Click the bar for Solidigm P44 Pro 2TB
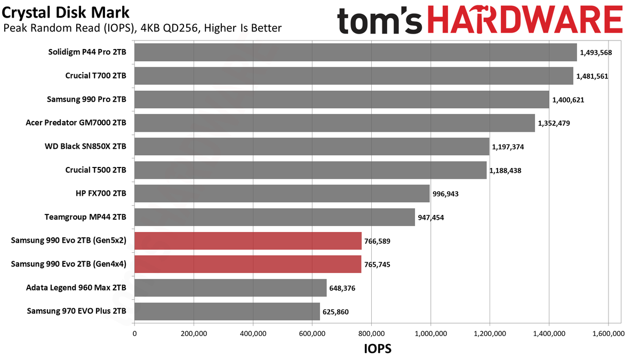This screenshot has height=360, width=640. [355, 52]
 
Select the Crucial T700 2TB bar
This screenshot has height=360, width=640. [354, 76]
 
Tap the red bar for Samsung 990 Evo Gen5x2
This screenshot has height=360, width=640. [248, 241]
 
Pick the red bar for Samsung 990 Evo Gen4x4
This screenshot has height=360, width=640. [247, 265]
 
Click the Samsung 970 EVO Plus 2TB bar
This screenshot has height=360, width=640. [227, 311]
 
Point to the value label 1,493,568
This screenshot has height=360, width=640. [596, 53]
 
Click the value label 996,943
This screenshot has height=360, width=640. [445, 194]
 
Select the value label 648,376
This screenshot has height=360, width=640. [342, 288]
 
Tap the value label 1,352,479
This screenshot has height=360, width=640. [554, 123]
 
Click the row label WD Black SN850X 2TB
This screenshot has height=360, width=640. [85, 146]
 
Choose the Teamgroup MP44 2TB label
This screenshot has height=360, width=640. [85, 217]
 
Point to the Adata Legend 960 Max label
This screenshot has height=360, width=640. [76, 287]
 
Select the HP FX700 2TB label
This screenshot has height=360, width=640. [101, 194]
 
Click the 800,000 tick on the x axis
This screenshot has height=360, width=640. [371, 333]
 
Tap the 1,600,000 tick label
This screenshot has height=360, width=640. [609, 333]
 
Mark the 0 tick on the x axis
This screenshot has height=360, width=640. [134, 333]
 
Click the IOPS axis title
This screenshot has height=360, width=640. [378, 349]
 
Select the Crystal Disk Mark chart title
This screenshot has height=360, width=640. [66, 13]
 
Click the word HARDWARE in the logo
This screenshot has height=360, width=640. [525, 19]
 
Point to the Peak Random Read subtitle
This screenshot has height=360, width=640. [142, 28]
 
